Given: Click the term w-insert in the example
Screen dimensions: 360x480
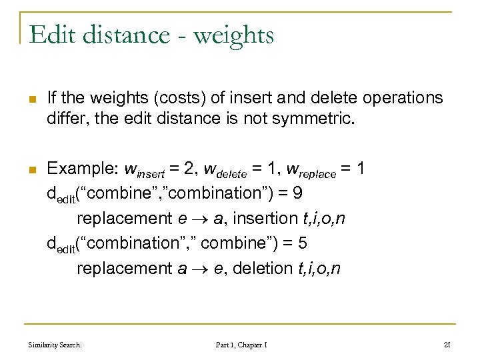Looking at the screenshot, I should [x=149, y=169].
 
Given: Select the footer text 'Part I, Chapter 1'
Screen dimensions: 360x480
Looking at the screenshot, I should [x=241, y=345].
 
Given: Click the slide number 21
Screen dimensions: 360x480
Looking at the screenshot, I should [x=447, y=345].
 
